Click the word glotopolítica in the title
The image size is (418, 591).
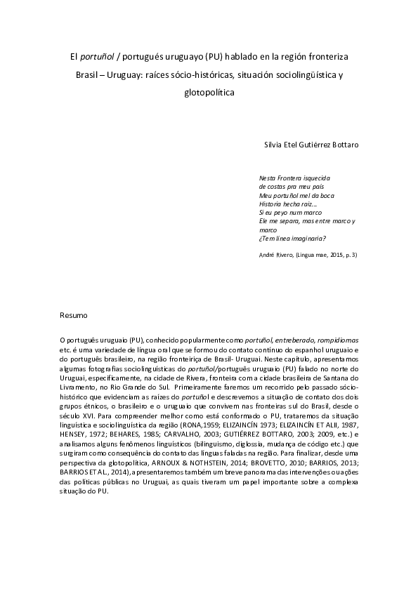click(209, 92)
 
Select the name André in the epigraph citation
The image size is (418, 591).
click(267, 255)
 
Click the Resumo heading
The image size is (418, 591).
click(74, 315)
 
